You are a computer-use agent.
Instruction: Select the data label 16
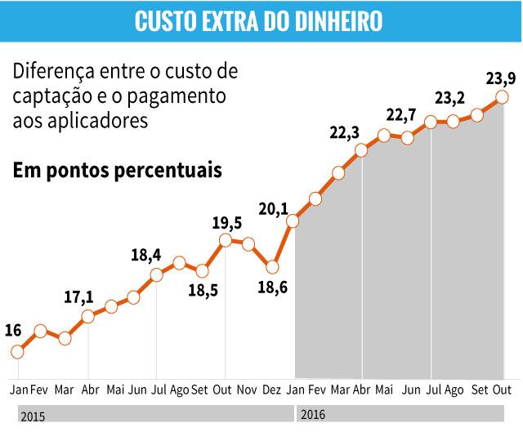pyautogui.click(x=13, y=331)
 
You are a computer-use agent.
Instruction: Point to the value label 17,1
pyautogui.click(x=78, y=296)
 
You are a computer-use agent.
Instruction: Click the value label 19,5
pyautogui.click(x=226, y=224)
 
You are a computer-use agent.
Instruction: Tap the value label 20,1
pyautogui.click(x=274, y=209)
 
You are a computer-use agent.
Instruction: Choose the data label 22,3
pyautogui.click(x=345, y=131)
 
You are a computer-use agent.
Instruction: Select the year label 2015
pyautogui.click(x=34, y=416)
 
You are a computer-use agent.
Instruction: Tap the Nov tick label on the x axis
pyautogui.click(x=247, y=390)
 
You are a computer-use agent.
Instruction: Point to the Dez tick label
pyautogui.click(x=272, y=390)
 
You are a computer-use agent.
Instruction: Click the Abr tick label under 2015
pyautogui.click(x=90, y=390)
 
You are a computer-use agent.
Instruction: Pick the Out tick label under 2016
pyautogui.click(x=502, y=390)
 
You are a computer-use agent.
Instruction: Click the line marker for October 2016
pyautogui.click(x=503, y=97)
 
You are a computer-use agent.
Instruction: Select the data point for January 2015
pyautogui.click(x=18, y=352)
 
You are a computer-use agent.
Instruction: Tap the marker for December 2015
pyautogui.click(x=272, y=266)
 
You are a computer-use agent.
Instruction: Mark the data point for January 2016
pyautogui.click(x=293, y=220)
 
